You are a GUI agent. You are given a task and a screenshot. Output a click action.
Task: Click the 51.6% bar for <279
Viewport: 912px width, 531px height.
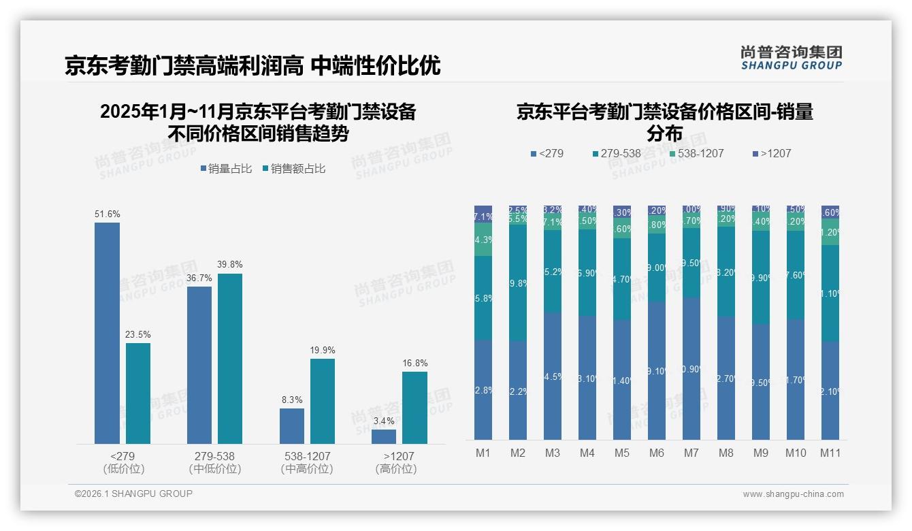pyautogui.click(x=107, y=333)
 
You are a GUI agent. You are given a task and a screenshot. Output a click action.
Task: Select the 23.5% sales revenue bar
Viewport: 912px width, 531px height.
pyautogui.click(x=138, y=393)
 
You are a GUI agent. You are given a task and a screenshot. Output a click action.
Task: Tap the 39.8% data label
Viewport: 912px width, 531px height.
pyautogui.click(x=230, y=264)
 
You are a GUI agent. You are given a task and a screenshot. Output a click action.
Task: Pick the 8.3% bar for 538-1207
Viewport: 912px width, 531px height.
pyautogui.click(x=292, y=425)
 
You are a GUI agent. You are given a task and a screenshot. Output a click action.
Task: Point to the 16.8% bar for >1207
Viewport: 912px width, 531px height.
pyautogui.click(x=414, y=407)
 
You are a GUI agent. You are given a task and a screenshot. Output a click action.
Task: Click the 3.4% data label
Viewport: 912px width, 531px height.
pyautogui.click(x=384, y=421)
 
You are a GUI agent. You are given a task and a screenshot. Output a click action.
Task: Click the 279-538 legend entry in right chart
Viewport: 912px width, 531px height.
pyautogui.click(x=616, y=153)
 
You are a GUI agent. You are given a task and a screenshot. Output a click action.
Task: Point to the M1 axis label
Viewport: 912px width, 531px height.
pyautogui.click(x=483, y=453)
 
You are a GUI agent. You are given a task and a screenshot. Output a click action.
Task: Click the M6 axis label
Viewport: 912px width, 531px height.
pyautogui.click(x=657, y=453)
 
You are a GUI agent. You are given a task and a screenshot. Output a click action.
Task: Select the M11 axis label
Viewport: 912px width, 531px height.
pyautogui.click(x=830, y=453)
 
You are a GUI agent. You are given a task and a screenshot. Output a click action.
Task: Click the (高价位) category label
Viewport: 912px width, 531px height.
pyautogui.click(x=395, y=469)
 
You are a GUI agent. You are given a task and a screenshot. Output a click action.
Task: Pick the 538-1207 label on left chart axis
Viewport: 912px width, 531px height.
pyautogui.click(x=307, y=456)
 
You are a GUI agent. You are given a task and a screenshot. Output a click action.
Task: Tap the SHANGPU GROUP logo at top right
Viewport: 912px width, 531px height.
pyautogui.click(x=792, y=58)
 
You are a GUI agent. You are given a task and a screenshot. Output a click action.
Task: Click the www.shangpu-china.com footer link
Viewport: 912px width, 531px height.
pyautogui.click(x=793, y=494)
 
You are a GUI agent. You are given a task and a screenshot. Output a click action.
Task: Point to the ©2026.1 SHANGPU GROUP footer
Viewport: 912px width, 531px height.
pyautogui.click(x=133, y=494)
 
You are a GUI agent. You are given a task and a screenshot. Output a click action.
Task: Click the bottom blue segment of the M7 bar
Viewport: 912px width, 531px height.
pyautogui.click(x=691, y=368)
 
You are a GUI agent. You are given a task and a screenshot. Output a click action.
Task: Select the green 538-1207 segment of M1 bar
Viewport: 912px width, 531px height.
pyautogui.click(x=483, y=240)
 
